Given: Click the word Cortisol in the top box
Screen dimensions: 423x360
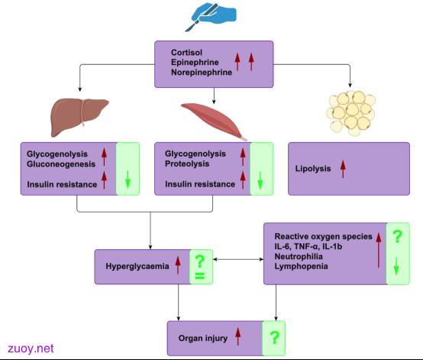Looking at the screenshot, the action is (x=186, y=52).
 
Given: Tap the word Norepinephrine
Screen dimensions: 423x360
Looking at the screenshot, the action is (x=202, y=72).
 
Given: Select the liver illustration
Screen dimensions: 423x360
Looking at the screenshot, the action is (x=79, y=117).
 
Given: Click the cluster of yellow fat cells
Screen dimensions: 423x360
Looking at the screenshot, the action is (x=351, y=113).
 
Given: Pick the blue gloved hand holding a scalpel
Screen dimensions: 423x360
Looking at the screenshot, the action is (x=211, y=17).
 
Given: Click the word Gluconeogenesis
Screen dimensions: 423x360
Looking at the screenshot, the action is (x=61, y=164).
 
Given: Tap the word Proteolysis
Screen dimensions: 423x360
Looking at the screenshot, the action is (x=187, y=164).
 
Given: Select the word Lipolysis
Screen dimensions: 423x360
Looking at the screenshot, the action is (x=313, y=168).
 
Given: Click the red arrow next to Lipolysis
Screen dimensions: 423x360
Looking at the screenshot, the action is (x=343, y=169).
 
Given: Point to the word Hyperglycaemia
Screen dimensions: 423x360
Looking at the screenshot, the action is (x=137, y=266).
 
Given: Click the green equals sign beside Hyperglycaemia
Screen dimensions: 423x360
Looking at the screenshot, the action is (x=199, y=276).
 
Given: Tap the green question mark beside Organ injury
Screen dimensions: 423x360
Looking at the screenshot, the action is (x=275, y=337).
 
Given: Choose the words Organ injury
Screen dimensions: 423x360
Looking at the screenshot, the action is (x=203, y=338).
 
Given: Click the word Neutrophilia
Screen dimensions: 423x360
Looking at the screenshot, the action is (x=299, y=256).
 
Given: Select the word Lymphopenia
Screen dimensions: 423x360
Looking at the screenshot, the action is (x=301, y=266).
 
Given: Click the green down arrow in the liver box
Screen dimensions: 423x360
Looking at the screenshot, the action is (x=128, y=180).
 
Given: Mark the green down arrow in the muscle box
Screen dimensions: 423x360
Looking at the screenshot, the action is (x=260, y=180).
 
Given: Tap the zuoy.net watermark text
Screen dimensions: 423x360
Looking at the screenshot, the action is (x=31, y=349).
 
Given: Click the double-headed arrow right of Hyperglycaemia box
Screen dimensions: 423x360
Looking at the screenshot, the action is (x=238, y=259).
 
